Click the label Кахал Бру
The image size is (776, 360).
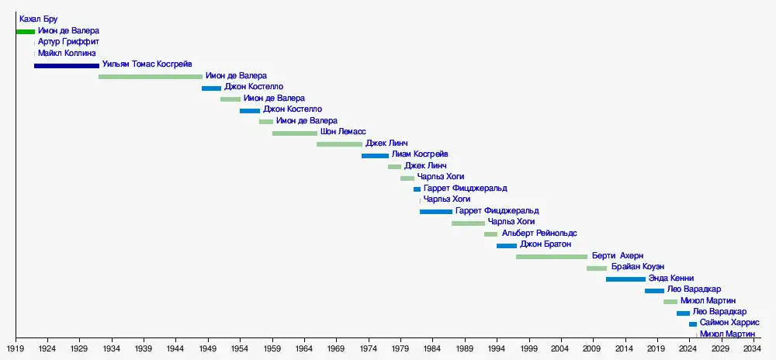point(39,19)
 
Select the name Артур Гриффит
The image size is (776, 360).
point(68,42)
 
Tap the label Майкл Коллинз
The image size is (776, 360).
point(67,54)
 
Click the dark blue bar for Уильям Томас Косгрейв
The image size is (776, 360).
point(67,66)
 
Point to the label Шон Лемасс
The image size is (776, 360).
point(343,133)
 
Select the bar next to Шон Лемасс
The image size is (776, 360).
point(295,133)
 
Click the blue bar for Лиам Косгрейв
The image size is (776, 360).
point(375,156)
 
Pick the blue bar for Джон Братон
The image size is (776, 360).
point(507,246)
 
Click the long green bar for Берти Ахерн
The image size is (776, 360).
point(552,257)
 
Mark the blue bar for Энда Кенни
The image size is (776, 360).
point(625,279)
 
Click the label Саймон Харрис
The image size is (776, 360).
point(729,323)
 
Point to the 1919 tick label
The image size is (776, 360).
point(16,349)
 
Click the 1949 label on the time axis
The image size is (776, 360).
point(208,349)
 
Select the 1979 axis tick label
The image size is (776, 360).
point(400,349)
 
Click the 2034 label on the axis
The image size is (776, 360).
point(753,349)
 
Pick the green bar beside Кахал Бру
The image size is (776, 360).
point(26,32)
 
